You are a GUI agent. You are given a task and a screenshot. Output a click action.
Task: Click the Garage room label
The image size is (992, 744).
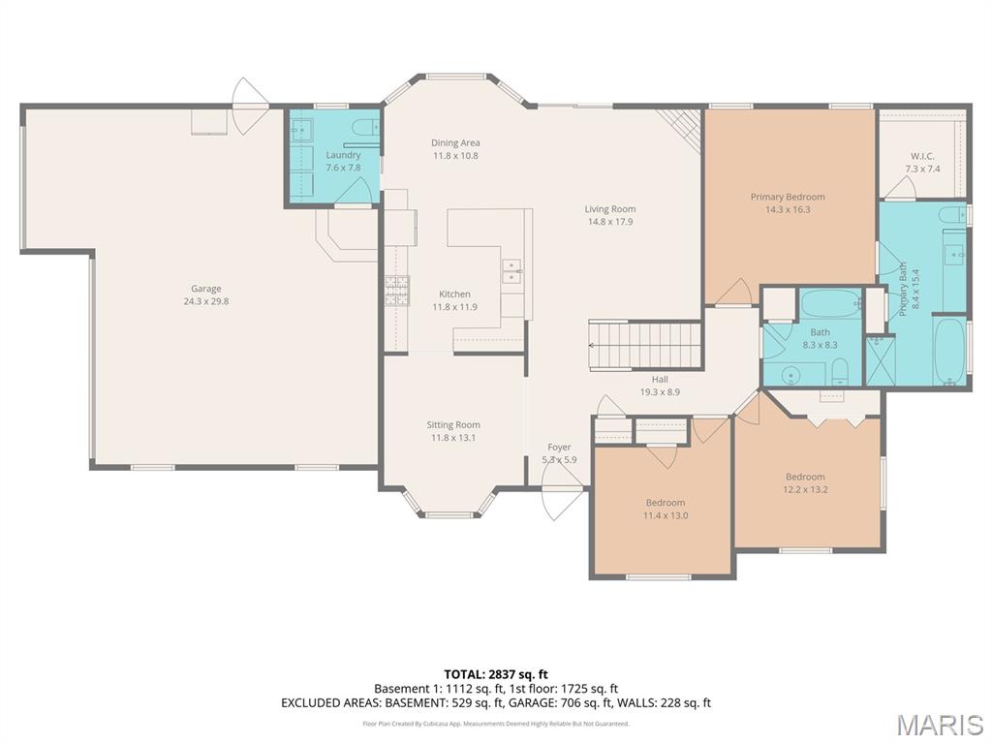(x=206, y=289)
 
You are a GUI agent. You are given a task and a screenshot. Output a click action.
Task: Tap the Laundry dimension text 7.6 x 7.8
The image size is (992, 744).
(x=343, y=168)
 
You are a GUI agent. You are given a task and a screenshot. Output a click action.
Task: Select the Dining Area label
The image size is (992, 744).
(x=455, y=143)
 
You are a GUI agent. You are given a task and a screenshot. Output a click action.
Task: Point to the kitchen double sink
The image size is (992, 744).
(x=511, y=271)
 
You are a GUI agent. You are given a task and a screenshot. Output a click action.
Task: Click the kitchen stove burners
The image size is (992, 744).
(x=396, y=291)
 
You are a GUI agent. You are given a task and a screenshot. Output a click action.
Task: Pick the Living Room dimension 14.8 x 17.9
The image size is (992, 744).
(x=610, y=222)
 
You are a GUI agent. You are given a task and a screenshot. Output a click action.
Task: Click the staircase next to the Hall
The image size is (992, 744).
(x=645, y=344)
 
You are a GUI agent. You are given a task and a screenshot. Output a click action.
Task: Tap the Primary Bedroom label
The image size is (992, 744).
(x=788, y=197)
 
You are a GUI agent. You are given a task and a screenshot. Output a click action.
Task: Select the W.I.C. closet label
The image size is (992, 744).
(x=922, y=156)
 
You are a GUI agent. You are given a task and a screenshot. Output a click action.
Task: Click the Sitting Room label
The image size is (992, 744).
(x=453, y=425)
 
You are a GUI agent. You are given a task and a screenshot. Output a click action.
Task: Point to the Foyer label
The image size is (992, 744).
(x=559, y=448)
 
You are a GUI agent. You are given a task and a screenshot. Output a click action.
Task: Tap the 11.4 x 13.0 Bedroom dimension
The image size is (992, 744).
(x=666, y=515)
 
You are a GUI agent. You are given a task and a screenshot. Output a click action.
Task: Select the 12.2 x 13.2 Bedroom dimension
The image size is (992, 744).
(x=805, y=489)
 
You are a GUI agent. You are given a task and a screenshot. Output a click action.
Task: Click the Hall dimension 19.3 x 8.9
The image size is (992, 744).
(x=660, y=392)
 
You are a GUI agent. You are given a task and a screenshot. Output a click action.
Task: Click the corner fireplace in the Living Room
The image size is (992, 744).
(x=680, y=129)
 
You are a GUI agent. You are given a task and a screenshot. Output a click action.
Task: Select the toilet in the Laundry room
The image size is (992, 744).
(x=365, y=128)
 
